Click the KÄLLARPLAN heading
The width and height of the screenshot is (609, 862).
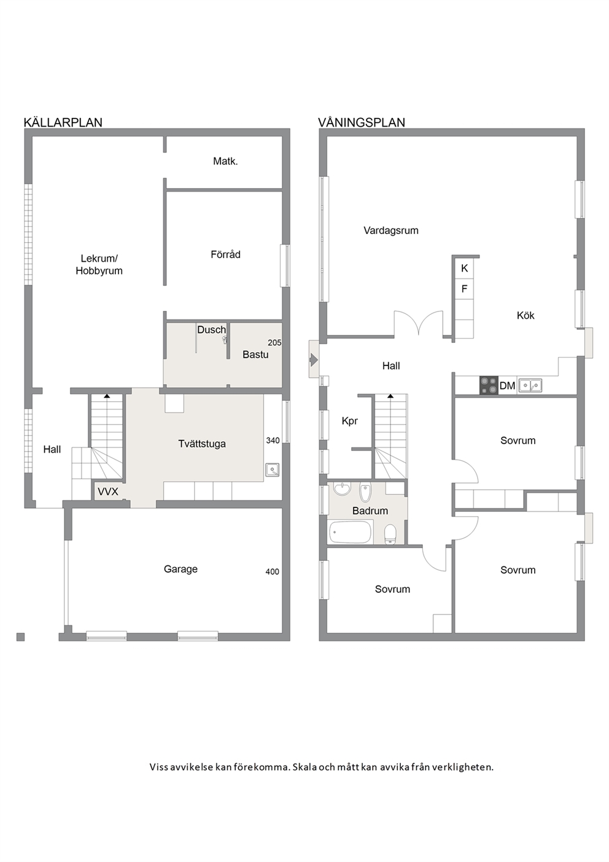pos(63,122)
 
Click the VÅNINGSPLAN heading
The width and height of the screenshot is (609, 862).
pos(362,122)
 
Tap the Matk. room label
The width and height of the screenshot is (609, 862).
pos(225,161)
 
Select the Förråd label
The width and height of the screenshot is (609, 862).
pos(225,254)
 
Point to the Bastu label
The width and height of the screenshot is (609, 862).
pos(255,355)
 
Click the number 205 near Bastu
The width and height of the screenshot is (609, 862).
pos(274,342)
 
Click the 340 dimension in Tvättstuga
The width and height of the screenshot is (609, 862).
pos(273,441)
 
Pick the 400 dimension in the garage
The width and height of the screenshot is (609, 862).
pos(272,572)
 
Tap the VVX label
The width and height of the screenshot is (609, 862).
pos(107,492)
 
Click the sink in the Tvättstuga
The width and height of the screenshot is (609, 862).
pos(272,470)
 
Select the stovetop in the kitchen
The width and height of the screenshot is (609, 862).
pos(489,385)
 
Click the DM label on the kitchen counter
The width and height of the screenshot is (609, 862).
pos(507,386)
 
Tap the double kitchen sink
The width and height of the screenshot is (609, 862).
pos(530,385)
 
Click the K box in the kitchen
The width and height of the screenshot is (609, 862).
pos(465,268)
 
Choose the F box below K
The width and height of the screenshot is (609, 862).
pos(465,289)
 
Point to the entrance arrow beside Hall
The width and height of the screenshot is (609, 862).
pos(314,360)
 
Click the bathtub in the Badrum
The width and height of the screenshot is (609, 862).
pos(351,532)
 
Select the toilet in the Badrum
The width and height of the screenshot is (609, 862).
pos(390,534)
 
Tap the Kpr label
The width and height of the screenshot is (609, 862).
pos(349,421)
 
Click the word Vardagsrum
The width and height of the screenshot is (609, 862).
pos(391,231)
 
